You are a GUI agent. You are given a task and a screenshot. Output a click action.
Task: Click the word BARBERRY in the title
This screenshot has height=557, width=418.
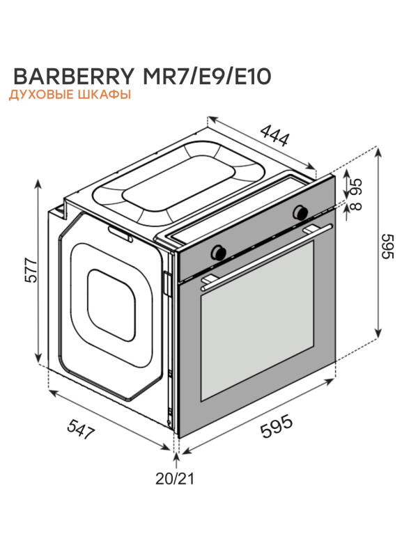74,76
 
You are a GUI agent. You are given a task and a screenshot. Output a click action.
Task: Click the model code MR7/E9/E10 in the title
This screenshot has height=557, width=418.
206,76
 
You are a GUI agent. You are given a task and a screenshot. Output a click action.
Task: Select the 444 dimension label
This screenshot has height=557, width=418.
274,135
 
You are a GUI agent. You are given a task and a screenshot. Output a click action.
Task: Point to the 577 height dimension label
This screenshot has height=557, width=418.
31,271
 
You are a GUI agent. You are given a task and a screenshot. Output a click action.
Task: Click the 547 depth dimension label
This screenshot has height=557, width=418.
82,429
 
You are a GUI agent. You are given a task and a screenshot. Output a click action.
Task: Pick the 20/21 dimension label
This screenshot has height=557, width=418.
175,479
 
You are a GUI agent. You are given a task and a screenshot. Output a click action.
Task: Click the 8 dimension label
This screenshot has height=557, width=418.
356,206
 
